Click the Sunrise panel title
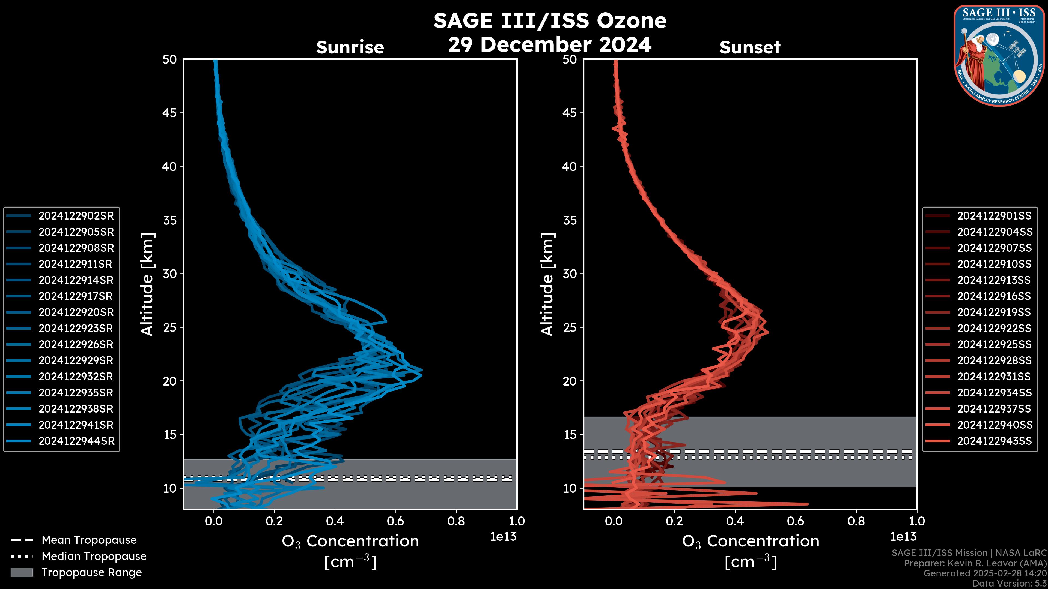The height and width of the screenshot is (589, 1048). coord(350,47)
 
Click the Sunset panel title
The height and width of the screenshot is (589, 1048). coord(750,47)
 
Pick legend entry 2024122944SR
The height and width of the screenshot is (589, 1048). coord(76,441)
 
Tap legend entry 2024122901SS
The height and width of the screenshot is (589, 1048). coord(994,216)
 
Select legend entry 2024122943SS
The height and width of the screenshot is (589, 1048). coord(994,441)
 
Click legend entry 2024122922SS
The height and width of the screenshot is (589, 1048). coord(994,328)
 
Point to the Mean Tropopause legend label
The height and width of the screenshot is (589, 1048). coord(89,540)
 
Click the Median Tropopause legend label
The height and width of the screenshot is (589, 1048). coord(94,557)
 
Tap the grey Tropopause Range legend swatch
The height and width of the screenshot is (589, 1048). coord(22,572)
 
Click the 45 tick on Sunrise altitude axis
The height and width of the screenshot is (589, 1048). coord(170,113)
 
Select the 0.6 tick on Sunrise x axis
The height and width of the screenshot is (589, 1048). coord(395,521)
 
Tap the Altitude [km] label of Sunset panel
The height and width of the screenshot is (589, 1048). coord(547,284)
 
